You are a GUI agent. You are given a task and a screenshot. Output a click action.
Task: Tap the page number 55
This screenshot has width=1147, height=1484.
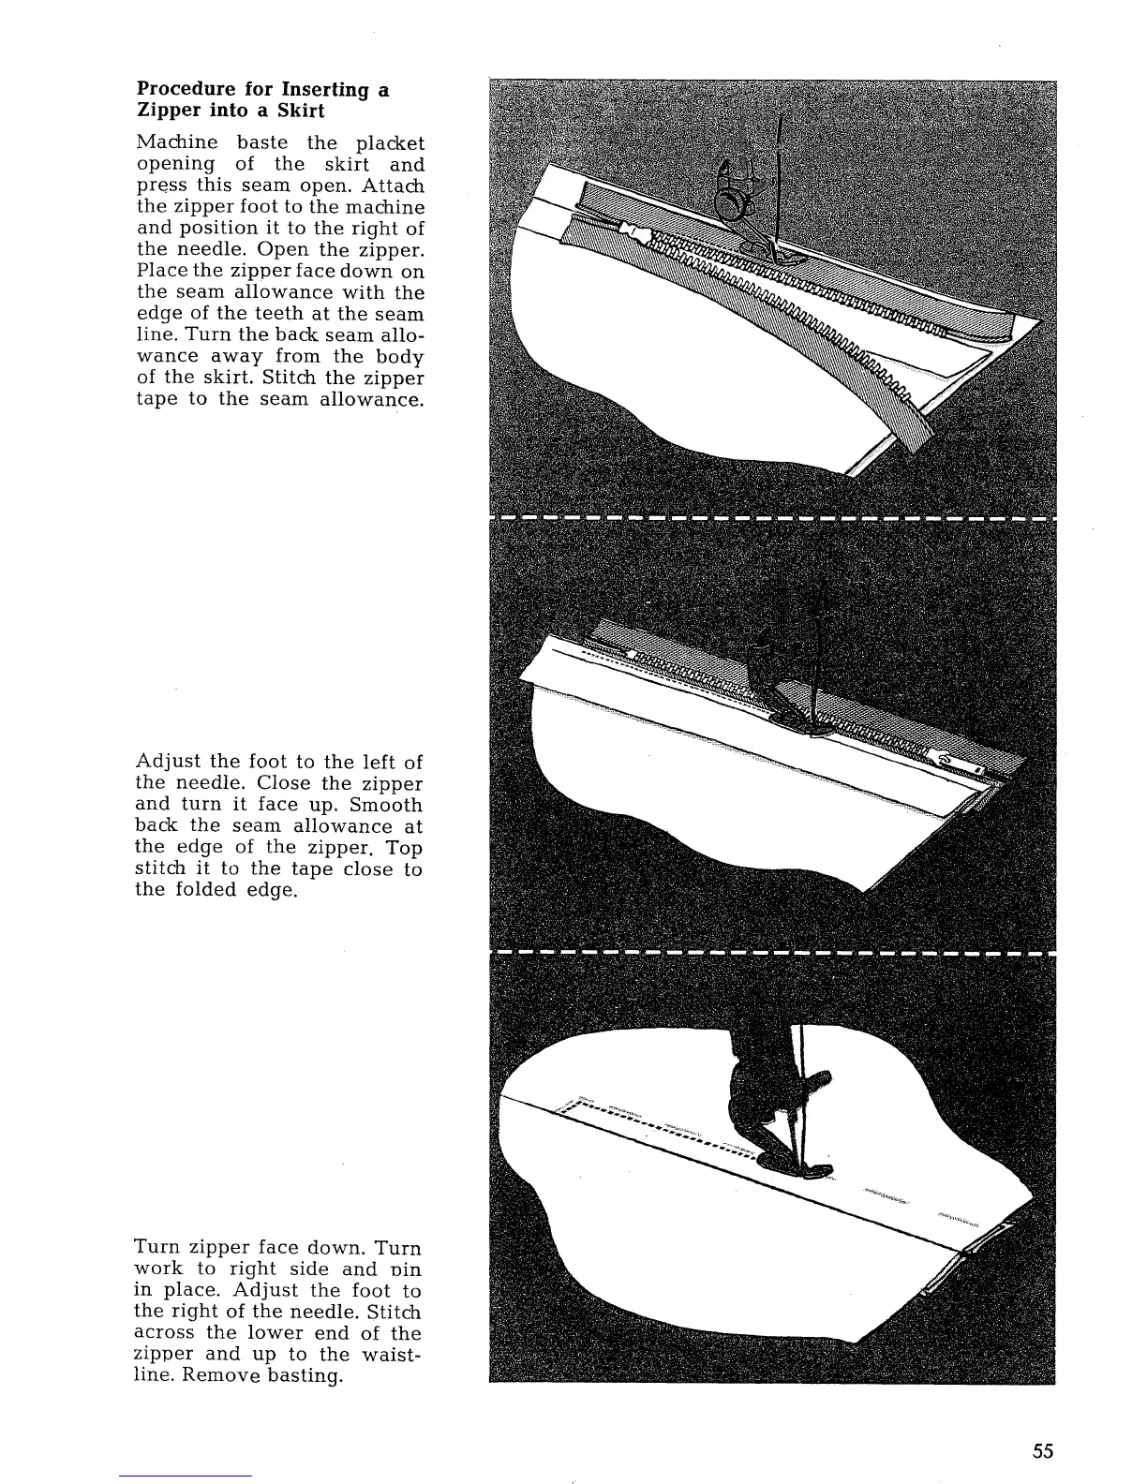tap(1043, 1451)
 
